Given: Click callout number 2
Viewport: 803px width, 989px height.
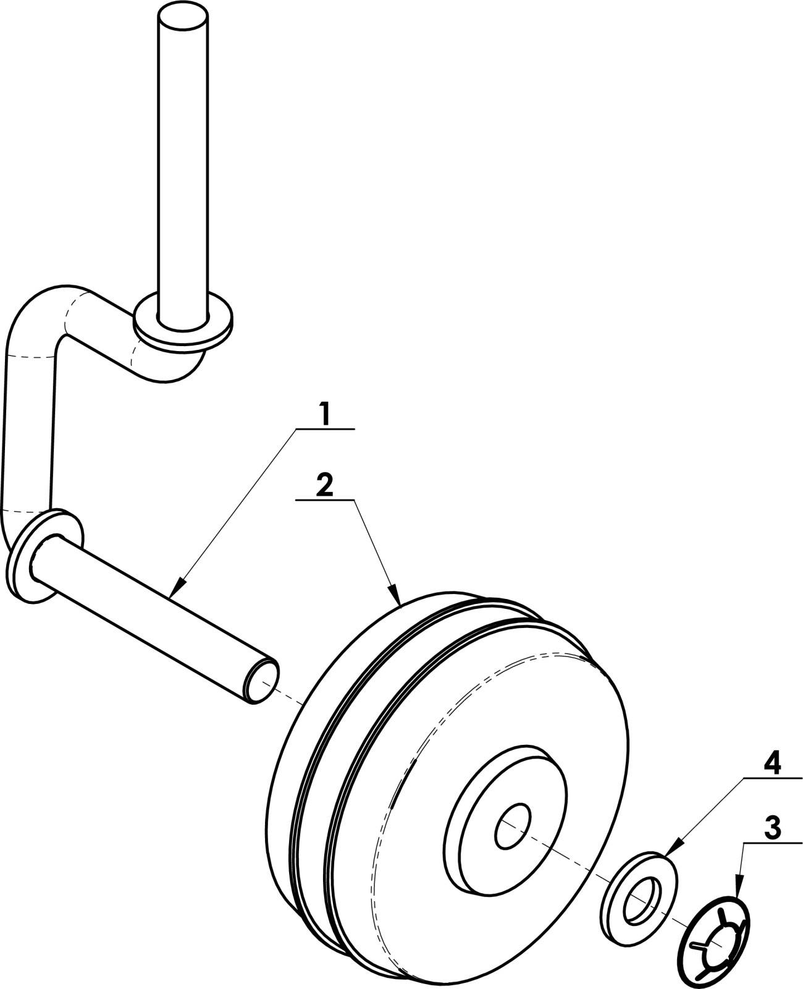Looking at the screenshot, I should [x=325, y=485].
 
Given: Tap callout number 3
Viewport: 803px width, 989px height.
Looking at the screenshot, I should [x=772, y=826].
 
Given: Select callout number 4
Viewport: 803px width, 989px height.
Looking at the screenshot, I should [x=772, y=764].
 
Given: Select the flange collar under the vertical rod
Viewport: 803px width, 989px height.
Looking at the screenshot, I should [x=183, y=321].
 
